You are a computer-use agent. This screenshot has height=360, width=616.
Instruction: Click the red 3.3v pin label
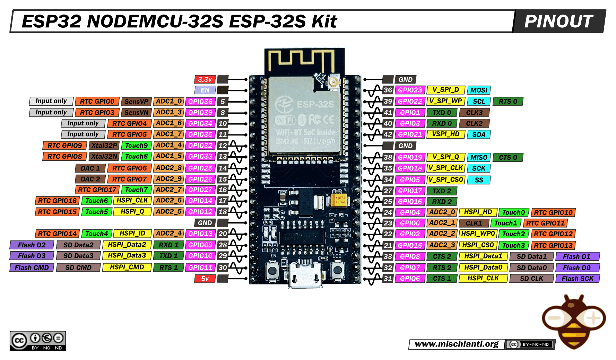(205, 79)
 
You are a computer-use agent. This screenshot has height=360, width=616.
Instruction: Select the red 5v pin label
(205, 279)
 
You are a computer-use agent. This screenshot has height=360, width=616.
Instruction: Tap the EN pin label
(205, 90)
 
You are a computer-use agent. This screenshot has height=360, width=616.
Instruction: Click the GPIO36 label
(200, 102)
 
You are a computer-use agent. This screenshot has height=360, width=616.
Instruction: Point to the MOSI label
(479, 90)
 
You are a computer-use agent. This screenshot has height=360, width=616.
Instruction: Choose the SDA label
(479, 134)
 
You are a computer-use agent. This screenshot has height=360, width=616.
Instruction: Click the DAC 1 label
(90, 168)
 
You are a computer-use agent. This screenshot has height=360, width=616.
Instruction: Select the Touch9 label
(136, 146)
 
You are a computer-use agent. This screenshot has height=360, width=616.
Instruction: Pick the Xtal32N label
(104, 156)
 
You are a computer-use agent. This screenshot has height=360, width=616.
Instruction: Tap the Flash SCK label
(577, 279)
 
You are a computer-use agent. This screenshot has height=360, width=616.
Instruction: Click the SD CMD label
(78, 267)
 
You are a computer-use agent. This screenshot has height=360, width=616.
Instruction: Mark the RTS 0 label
(507, 102)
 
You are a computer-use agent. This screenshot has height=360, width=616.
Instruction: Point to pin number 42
(388, 134)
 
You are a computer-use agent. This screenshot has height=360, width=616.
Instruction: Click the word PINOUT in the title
(558, 21)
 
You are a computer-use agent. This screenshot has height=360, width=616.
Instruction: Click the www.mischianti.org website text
(456, 344)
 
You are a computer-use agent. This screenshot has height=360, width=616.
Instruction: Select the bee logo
(574, 321)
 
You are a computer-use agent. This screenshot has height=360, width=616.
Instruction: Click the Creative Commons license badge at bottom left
(37, 341)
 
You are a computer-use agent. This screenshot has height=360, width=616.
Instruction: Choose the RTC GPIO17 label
(97, 190)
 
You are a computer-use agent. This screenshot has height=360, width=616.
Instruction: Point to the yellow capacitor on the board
(339, 200)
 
